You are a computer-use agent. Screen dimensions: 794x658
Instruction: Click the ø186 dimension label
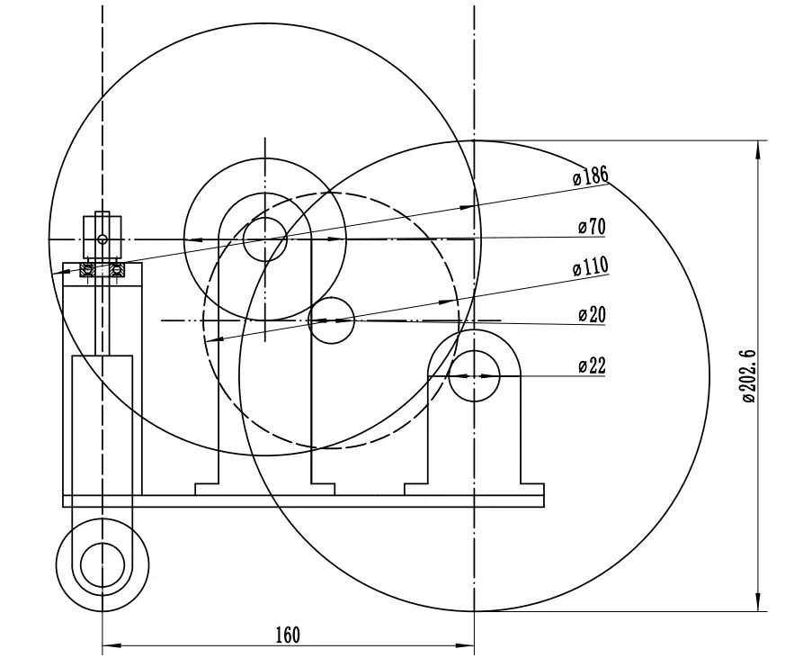click(x=591, y=176)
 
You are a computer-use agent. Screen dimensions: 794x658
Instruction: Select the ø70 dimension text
click(x=592, y=227)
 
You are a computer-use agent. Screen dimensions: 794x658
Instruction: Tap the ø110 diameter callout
click(x=591, y=266)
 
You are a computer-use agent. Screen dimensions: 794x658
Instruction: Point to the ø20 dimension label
click(x=592, y=314)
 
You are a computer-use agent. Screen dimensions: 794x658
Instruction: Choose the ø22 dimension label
click(x=592, y=365)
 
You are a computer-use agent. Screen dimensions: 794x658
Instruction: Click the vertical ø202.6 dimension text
click(x=749, y=376)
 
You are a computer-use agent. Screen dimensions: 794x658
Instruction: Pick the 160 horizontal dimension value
click(x=288, y=635)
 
